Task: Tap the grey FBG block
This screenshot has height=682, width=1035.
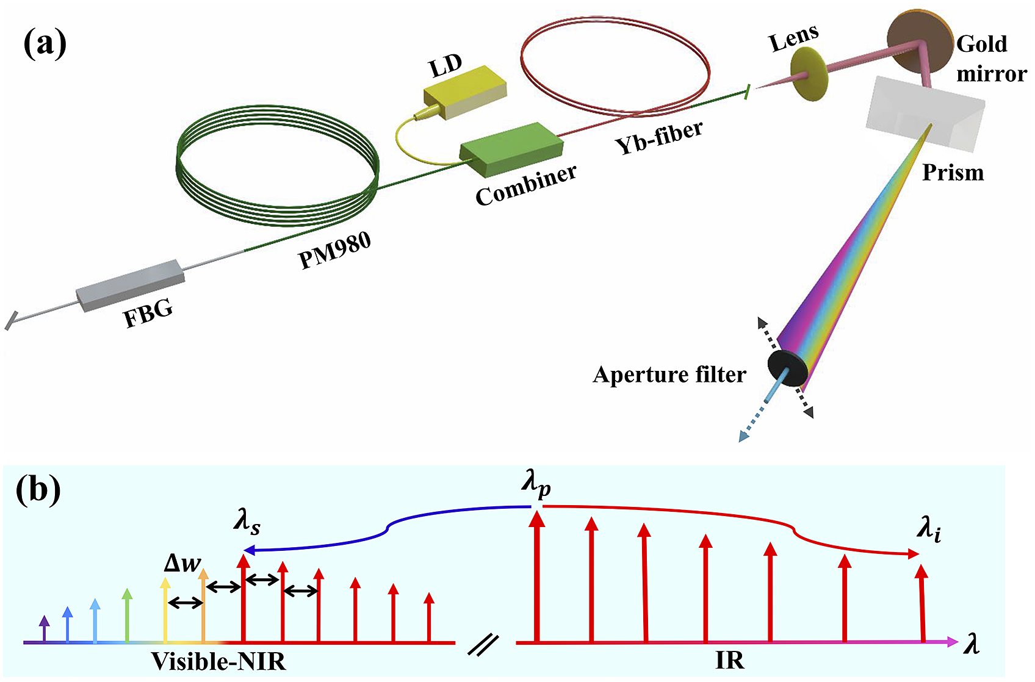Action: [130, 285]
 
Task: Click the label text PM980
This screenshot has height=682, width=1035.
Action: [334, 251]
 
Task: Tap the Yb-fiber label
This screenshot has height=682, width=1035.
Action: [658, 137]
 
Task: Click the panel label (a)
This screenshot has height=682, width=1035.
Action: [45, 45]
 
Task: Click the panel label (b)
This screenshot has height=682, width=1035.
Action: [38, 489]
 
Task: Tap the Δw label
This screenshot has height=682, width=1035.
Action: [182, 562]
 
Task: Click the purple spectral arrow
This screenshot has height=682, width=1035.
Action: [44, 628]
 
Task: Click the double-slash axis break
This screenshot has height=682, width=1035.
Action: [483, 645]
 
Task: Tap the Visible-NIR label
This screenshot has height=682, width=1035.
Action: [218, 661]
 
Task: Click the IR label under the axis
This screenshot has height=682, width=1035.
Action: [729, 661]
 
